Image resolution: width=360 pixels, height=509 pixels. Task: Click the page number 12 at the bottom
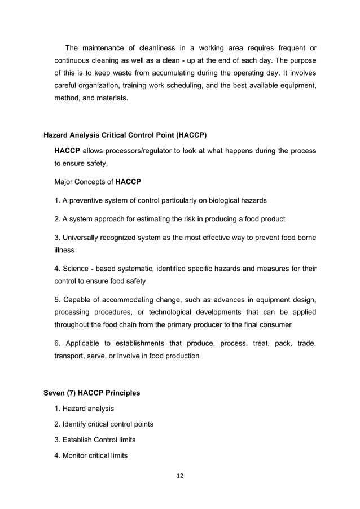(180, 475)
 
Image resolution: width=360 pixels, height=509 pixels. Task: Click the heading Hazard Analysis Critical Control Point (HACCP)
(125, 135)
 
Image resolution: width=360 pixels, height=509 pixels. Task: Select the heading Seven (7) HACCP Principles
(92, 392)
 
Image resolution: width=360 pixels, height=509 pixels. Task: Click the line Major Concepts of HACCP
(97, 182)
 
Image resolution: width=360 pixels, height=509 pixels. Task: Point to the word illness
(64, 249)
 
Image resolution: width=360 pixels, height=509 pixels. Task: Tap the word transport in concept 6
(69, 356)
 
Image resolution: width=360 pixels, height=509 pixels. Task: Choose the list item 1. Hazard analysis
(84, 408)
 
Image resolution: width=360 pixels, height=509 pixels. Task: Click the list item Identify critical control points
(103, 424)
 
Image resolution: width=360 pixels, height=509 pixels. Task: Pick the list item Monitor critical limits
(91, 455)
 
